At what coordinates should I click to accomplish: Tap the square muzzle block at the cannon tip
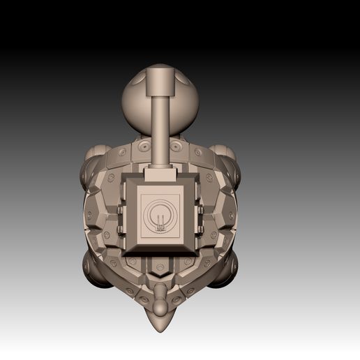click(x=160, y=82)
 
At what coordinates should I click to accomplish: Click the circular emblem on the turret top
click(x=160, y=214)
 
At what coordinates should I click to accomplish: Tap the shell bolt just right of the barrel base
click(x=179, y=147)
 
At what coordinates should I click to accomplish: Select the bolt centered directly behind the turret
click(x=160, y=268)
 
